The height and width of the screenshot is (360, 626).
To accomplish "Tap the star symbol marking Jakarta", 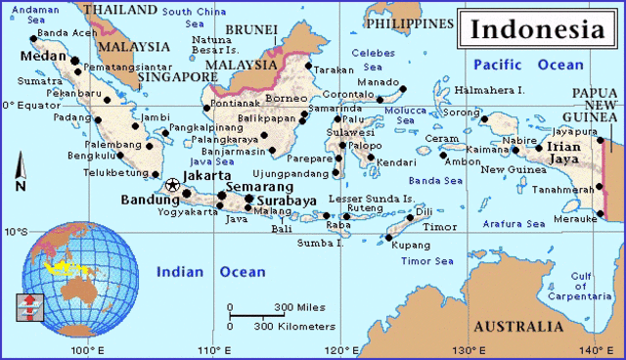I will click(x=173, y=185).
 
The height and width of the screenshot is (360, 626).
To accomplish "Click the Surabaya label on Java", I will click(x=286, y=202).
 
